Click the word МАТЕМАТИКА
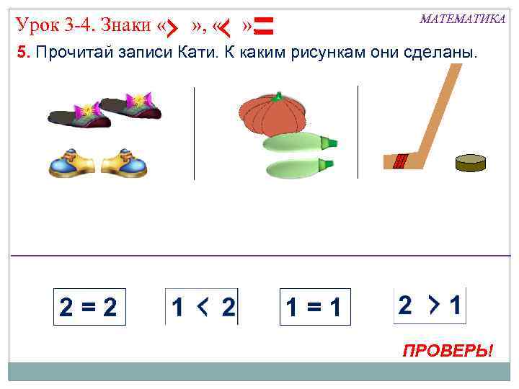[x=462, y=19]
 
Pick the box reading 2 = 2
[x=89, y=308]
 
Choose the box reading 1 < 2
[x=203, y=308]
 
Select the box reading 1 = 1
[x=314, y=308]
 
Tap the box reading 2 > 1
[x=430, y=306]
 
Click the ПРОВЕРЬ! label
[x=448, y=351]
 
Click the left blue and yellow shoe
[x=72, y=164]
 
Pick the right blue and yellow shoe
[x=124, y=164]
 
